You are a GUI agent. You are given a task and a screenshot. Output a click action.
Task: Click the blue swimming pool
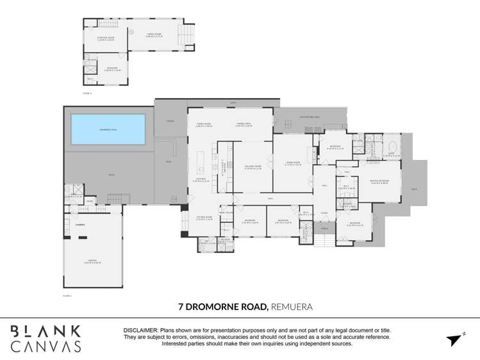coord(108,129)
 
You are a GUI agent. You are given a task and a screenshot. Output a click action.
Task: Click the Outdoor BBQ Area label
coord(310,117)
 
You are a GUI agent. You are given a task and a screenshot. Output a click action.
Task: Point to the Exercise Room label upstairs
coord(105,38)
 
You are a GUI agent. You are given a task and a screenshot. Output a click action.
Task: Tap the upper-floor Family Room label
coord(153,35)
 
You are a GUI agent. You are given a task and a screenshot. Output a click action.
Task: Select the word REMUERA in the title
coord(292,307)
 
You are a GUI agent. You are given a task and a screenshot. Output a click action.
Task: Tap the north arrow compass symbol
coord(455,339)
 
